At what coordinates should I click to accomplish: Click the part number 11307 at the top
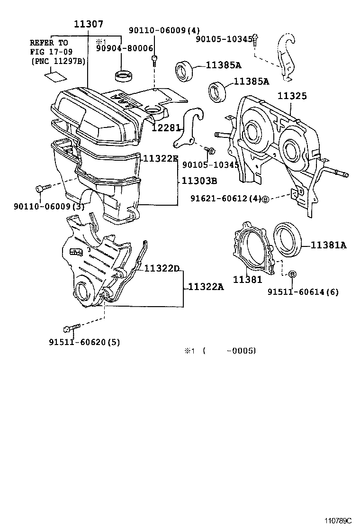89,24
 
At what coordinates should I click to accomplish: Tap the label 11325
292,96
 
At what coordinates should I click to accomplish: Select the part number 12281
167,128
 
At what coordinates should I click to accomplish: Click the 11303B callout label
199,181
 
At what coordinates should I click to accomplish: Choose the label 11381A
329,245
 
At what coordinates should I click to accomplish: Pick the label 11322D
162,269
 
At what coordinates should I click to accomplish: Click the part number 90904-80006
125,48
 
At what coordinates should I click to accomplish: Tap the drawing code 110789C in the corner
339,520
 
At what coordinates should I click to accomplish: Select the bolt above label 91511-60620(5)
67,328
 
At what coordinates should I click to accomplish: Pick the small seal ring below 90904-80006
125,75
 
